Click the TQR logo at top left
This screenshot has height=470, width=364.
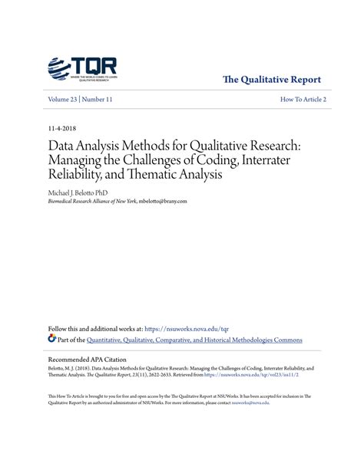point(81,69)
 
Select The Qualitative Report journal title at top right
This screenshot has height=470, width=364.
point(271,80)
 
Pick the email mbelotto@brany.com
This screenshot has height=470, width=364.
point(164,201)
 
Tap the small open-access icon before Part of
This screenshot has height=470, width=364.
point(52,339)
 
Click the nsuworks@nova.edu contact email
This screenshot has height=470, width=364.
point(253,403)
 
